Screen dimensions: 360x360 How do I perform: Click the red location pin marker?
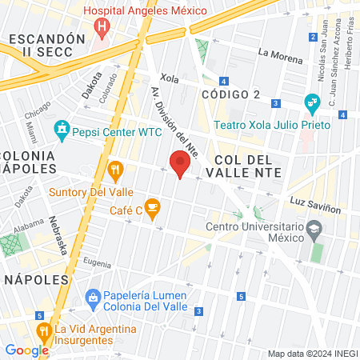point(180,164)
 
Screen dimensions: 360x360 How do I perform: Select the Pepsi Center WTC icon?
point(61,128)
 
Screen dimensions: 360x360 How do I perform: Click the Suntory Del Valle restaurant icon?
point(116,169)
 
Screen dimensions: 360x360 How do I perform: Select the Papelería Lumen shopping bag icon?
point(94,299)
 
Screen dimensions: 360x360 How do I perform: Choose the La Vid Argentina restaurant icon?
point(42,329)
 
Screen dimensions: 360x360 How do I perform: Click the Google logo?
point(26,350)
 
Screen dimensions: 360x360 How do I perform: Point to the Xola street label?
point(168,78)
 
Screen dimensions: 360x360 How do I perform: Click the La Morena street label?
point(280,56)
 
